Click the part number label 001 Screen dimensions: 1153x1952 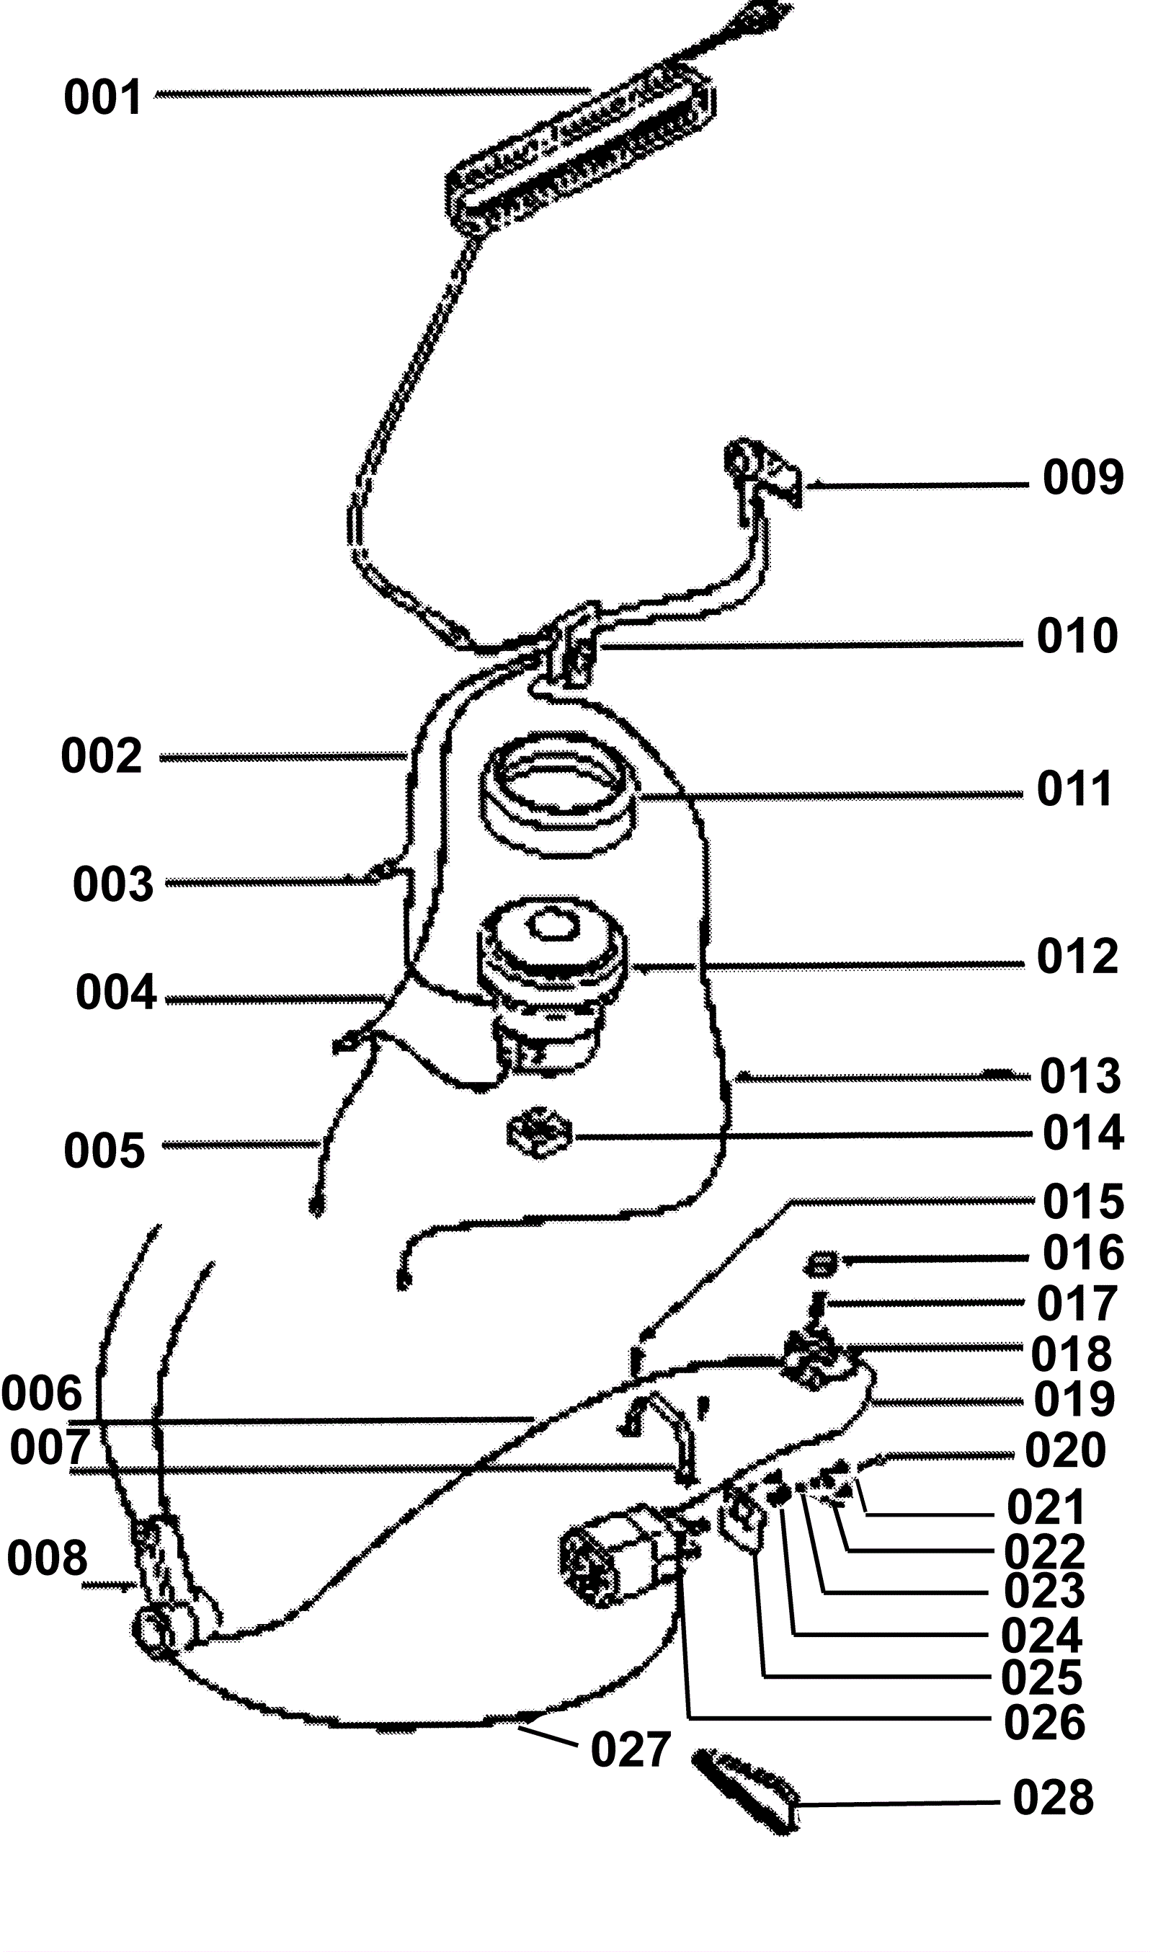tap(102, 97)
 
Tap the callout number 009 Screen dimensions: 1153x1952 tap(1082, 477)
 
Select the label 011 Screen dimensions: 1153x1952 tap(1075, 789)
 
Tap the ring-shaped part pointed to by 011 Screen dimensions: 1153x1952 tap(558, 793)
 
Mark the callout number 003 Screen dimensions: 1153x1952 tap(113, 884)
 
